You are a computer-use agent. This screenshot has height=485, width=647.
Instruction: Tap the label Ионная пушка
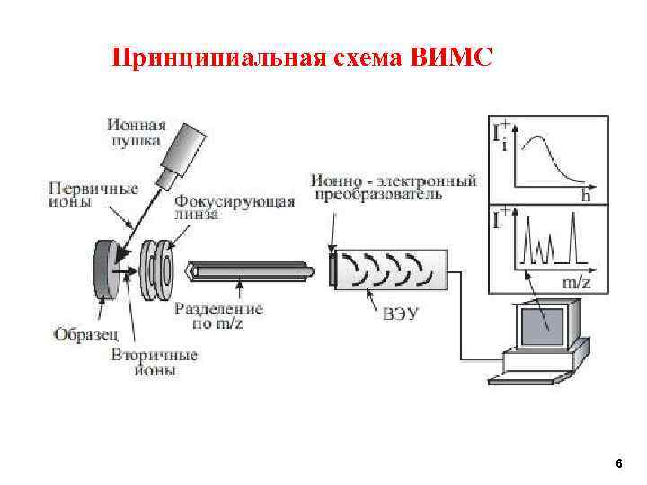[134, 132]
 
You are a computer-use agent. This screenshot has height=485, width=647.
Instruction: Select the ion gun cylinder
[188, 145]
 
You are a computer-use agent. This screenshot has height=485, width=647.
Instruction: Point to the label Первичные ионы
[84, 196]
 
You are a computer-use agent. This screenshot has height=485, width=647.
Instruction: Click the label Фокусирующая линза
[235, 207]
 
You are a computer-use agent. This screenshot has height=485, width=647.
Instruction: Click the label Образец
[84, 335]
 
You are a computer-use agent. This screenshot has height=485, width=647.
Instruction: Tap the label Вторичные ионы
[154, 363]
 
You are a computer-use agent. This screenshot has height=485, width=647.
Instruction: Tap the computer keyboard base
[540, 368]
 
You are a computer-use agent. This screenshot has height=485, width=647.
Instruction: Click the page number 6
[618, 463]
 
